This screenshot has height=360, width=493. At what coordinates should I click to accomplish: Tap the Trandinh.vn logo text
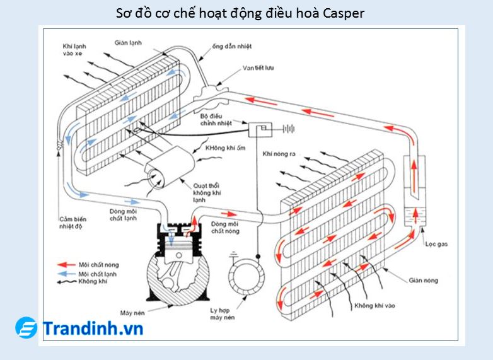pos(93,328)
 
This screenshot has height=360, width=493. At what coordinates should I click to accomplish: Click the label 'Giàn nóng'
pos(423,280)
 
